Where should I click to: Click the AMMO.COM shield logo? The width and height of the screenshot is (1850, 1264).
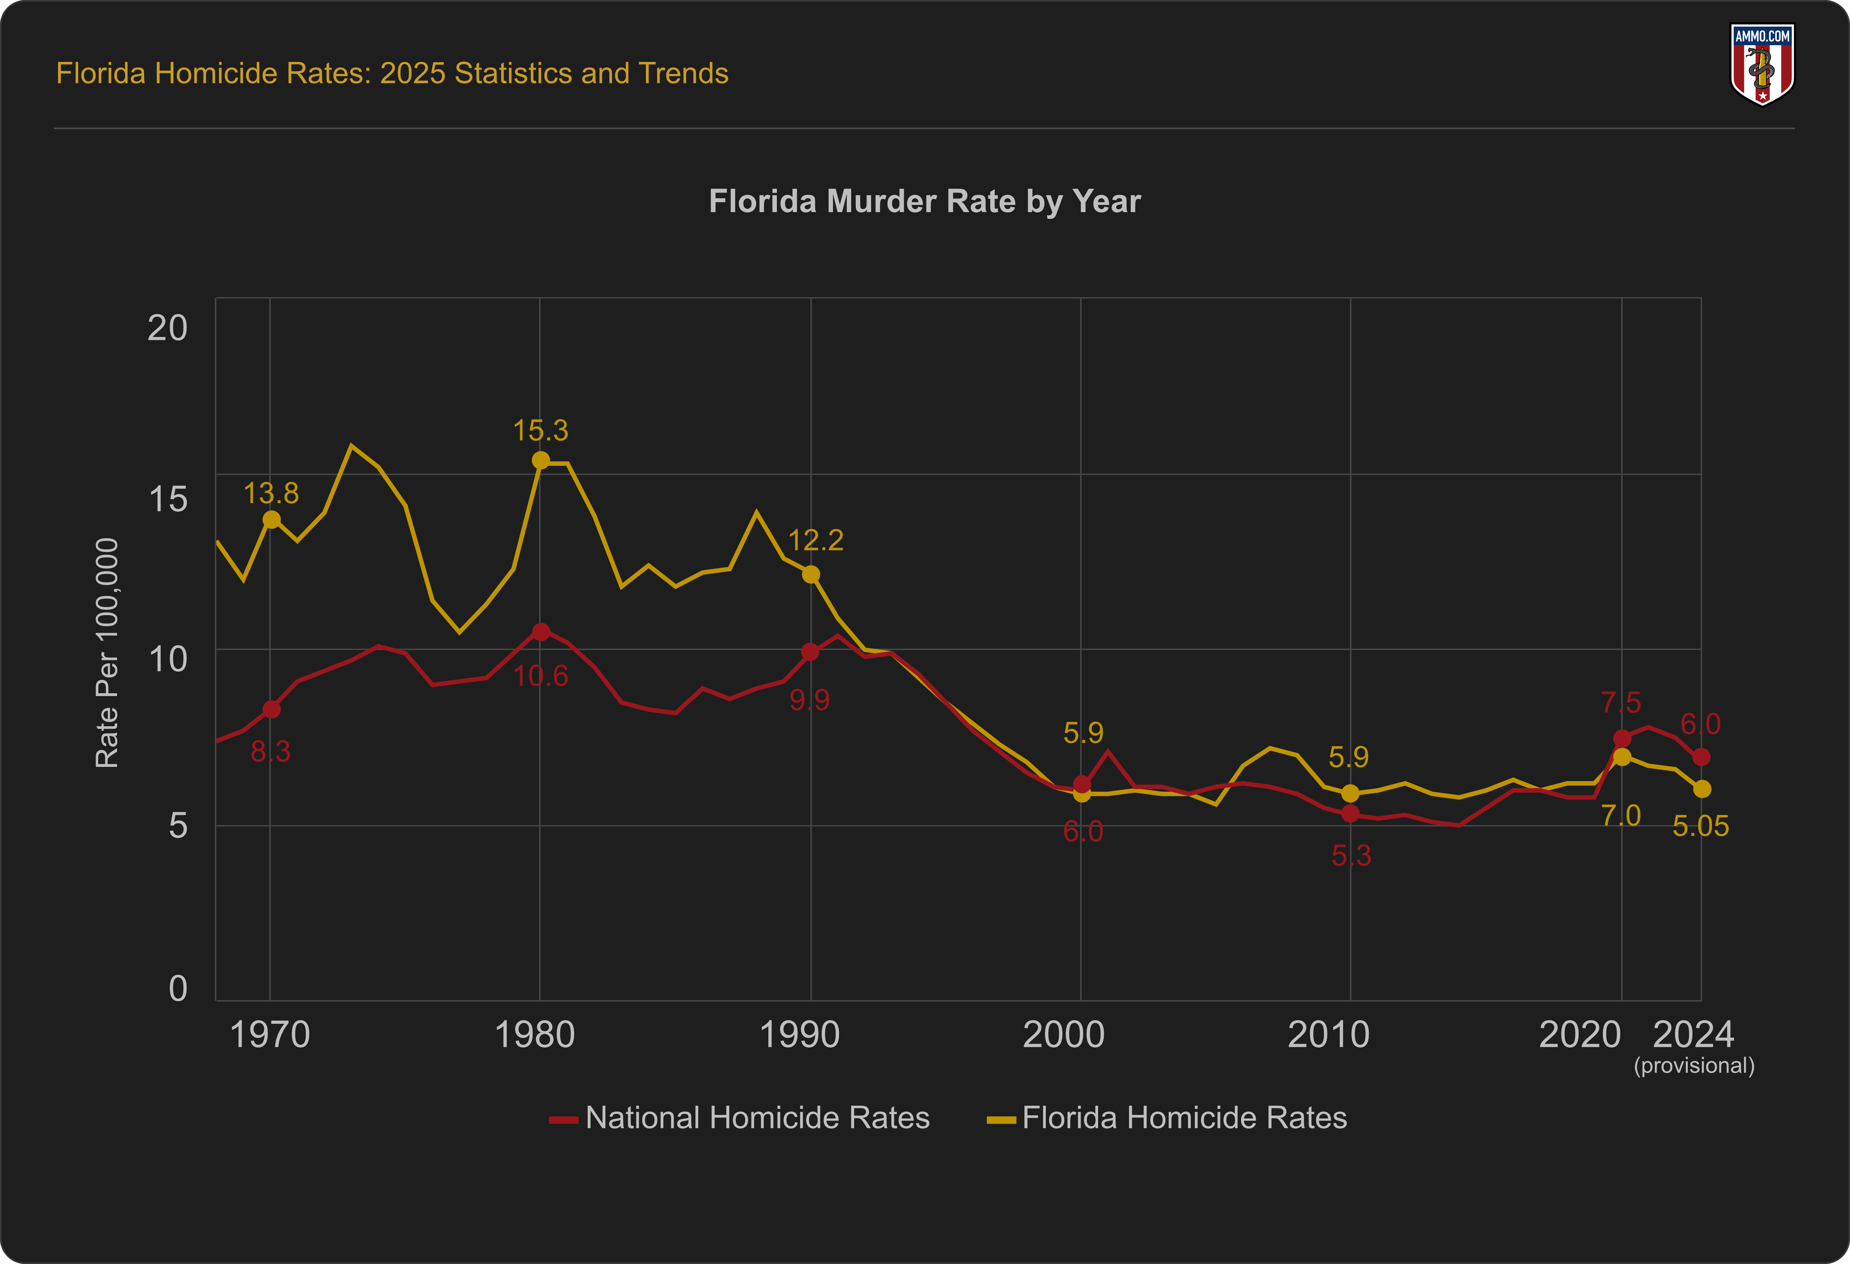click(x=1762, y=64)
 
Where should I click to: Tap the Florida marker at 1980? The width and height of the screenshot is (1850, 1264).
click(x=541, y=460)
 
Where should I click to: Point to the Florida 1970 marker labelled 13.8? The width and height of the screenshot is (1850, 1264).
click(x=271, y=519)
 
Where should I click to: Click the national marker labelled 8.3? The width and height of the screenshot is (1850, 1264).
click(x=271, y=709)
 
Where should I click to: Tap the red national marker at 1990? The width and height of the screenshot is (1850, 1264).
click(x=810, y=652)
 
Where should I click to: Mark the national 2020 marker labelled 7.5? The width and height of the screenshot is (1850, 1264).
click(x=1622, y=738)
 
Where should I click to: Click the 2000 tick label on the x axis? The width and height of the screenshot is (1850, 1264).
click(x=1064, y=1034)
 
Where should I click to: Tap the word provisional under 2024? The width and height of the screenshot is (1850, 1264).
click(x=1694, y=1066)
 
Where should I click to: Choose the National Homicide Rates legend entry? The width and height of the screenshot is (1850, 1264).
click(x=740, y=1117)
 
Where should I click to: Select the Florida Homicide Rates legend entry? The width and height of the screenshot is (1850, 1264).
click(x=1167, y=1117)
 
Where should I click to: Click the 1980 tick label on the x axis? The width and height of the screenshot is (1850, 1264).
click(x=534, y=1034)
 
